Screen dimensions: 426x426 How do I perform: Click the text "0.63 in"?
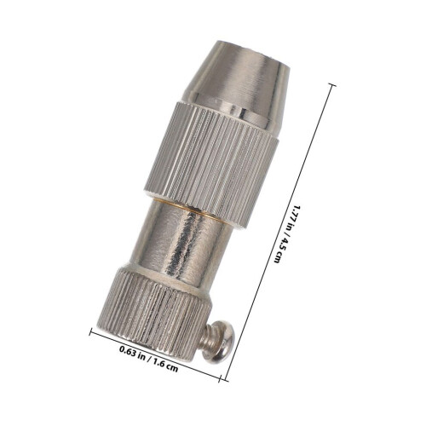click(x=132, y=351)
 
